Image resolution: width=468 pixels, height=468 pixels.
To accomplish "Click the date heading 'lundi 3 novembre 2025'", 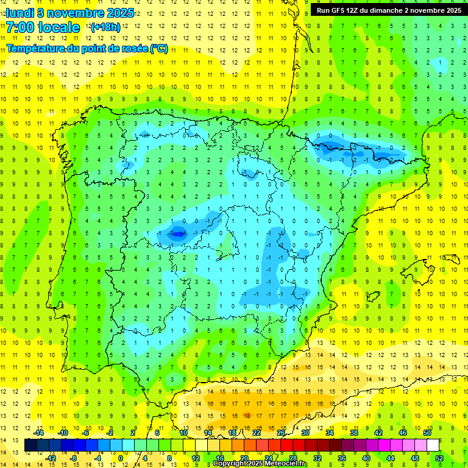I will [69, 13].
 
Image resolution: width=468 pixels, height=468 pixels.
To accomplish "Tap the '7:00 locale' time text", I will [43, 27].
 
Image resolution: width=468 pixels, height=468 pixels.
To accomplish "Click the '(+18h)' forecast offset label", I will [105, 27].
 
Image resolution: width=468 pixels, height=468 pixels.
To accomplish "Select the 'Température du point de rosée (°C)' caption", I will [87, 49].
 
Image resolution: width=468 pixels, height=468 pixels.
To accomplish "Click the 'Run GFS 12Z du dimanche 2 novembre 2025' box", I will [388, 10].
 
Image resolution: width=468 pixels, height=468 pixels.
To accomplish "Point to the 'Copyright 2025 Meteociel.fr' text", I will [260, 464].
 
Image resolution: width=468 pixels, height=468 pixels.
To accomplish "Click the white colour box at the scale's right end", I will [433, 445].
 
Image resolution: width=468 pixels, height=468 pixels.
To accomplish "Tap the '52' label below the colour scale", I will [439, 458].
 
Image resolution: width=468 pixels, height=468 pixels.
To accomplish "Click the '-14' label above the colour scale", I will [38, 433].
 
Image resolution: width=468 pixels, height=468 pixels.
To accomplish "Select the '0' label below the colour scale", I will [121, 458].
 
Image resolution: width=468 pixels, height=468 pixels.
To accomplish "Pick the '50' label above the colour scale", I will [428, 433].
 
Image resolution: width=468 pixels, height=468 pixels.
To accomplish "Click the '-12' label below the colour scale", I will [51, 458].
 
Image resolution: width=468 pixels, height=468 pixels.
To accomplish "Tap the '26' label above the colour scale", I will [281, 433].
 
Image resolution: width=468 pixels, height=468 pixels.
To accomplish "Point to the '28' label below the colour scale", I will [293, 458].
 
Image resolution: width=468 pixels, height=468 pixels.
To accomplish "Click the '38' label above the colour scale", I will [354, 433].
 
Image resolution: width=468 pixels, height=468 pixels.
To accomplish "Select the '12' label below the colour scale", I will [196, 458].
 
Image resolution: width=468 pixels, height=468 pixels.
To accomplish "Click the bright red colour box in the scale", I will [287, 445].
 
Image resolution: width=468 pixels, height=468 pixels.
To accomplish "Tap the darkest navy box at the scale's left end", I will [31, 445].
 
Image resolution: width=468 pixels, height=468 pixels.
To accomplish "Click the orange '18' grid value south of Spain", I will [246, 415].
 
